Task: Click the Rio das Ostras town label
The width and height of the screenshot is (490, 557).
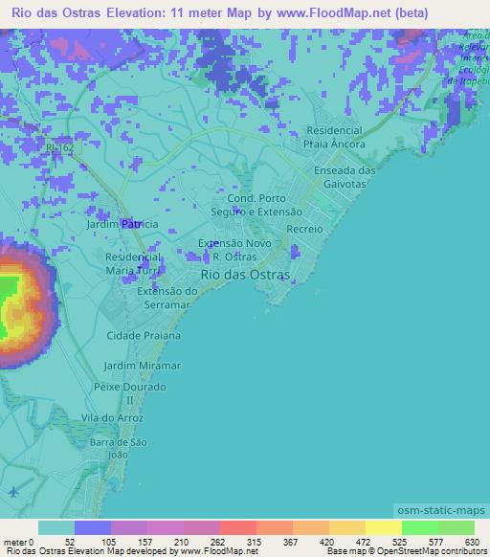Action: tap(244, 274)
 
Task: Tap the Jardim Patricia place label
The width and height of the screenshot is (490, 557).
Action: tap(122, 223)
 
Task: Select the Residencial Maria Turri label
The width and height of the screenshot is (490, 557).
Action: tap(133, 264)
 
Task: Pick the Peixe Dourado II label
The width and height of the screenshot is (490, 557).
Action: tap(131, 393)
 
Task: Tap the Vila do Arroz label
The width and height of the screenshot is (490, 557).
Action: tap(113, 419)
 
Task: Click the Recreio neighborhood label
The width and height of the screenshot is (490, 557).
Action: tap(305, 230)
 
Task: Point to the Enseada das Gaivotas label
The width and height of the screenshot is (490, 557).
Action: tap(332, 176)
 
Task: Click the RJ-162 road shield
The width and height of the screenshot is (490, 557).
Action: tap(57, 149)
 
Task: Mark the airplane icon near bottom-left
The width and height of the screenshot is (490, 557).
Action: tap(12, 492)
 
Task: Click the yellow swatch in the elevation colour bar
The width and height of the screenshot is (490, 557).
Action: tap(382, 527)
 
